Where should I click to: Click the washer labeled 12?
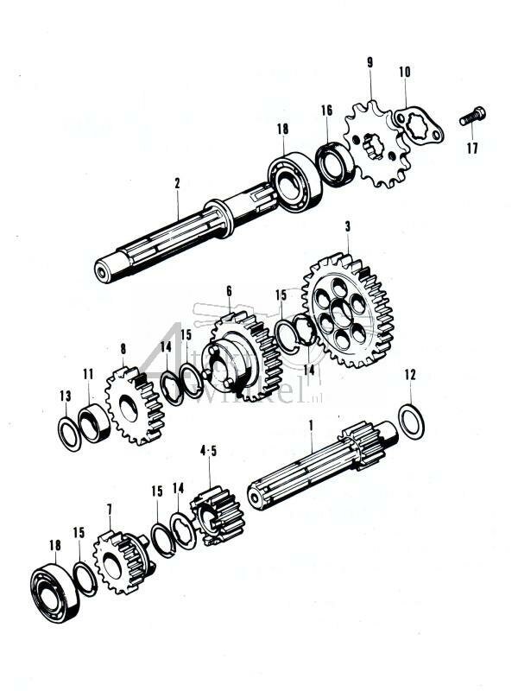(411, 421)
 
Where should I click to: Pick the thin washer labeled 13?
(69, 429)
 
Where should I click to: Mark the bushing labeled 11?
(93, 422)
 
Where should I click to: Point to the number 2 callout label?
(177, 184)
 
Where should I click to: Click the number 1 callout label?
(312, 426)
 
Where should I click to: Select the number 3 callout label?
(347, 226)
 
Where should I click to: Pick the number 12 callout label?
(409, 375)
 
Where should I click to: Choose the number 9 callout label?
(370, 62)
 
